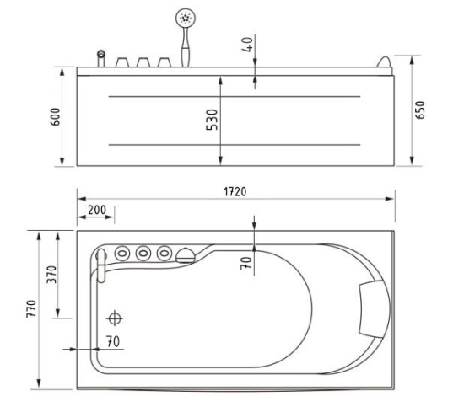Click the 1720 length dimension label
tap(235, 192)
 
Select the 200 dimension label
tap(97, 210)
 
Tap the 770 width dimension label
tap(31, 308)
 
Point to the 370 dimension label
tap(51, 275)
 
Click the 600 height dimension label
tap(56, 117)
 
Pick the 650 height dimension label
tap(420, 110)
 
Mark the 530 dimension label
tap(212, 120)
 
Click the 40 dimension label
tap(247, 45)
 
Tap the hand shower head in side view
tap(186, 19)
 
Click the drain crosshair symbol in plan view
tap(115, 318)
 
